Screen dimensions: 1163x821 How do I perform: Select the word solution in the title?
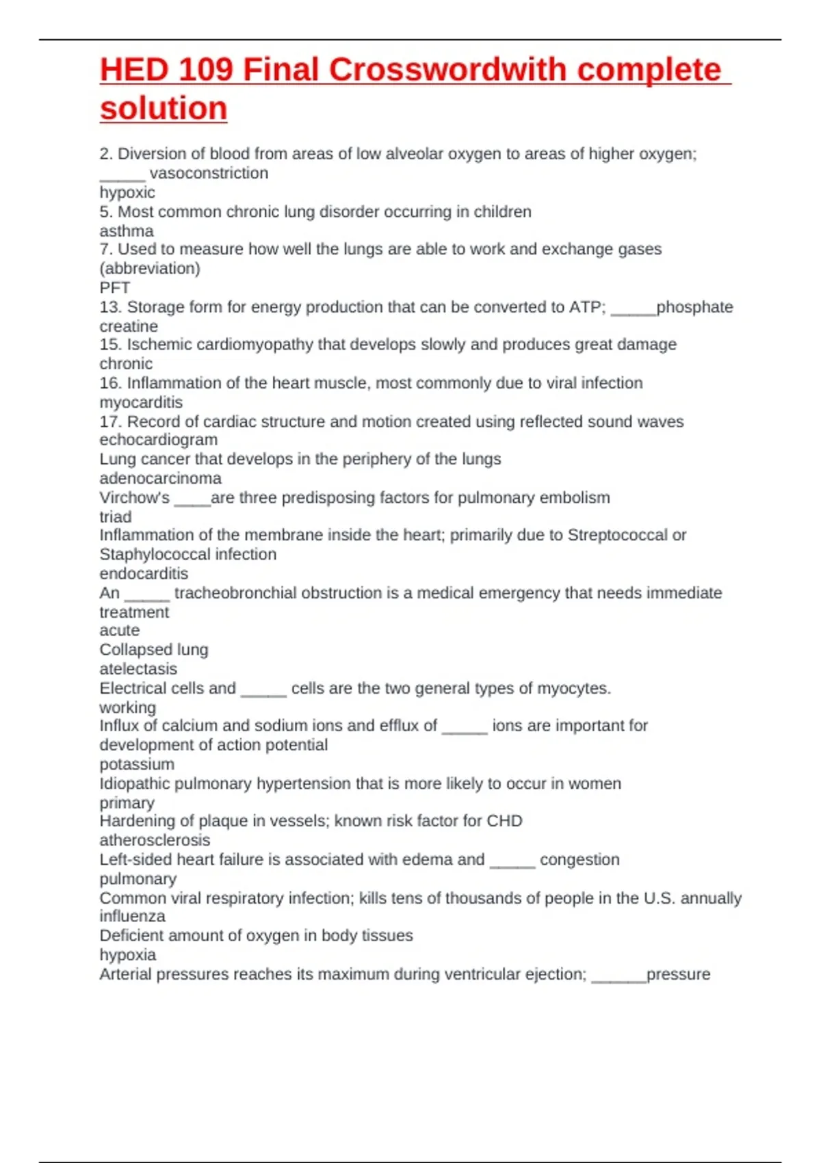[164, 108]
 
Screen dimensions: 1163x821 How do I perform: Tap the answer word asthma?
[127, 231]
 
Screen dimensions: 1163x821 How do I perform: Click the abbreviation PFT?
[114, 288]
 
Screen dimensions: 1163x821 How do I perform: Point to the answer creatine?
[129, 326]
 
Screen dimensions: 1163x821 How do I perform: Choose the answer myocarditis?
[141, 402]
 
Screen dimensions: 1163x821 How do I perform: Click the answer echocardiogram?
[159, 440]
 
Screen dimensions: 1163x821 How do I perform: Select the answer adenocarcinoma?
[161, 478]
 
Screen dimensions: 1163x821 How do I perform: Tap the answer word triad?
[116, 517]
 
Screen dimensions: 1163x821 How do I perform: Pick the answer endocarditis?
[144, 573]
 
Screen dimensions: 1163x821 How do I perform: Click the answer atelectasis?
[138, 669]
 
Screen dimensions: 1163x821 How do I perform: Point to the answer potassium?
[137, 764]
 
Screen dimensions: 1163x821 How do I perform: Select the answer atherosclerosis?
[155, 840]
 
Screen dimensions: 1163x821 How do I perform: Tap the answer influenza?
[132, 916]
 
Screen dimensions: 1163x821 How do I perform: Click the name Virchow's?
[134, 497]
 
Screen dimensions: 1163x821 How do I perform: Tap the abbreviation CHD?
[504, 821]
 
